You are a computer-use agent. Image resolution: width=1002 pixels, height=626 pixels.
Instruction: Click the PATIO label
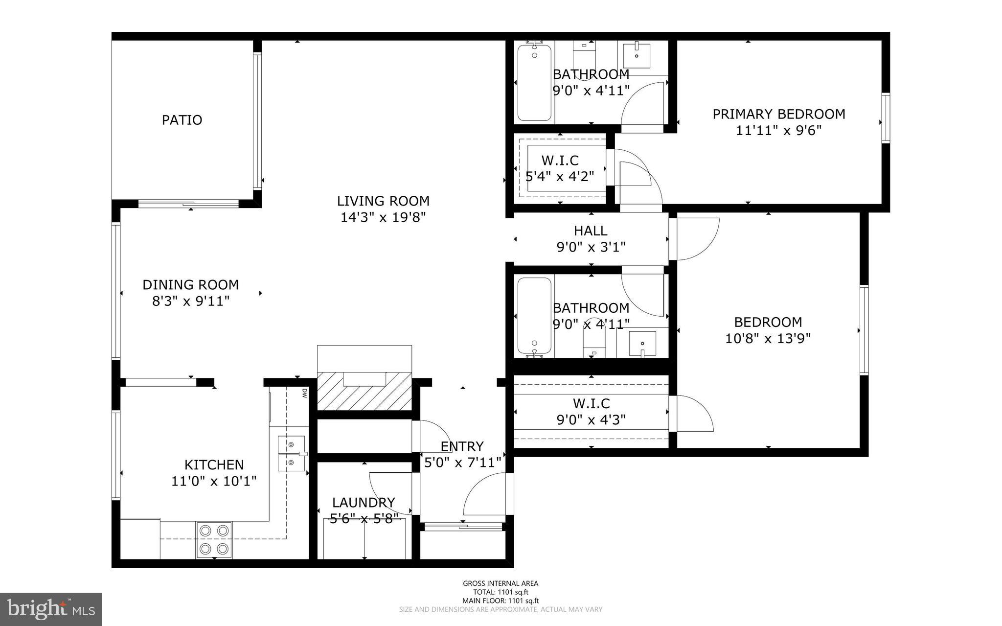[182, 120]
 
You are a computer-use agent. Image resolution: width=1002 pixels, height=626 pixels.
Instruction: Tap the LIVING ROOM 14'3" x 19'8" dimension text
[383, 217]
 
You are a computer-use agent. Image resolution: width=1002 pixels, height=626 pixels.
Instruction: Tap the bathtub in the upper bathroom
[534, 82]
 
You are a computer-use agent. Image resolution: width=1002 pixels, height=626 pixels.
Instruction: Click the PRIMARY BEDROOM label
[778, 114]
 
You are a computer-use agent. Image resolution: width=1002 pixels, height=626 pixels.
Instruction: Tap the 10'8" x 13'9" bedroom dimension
[768, 339]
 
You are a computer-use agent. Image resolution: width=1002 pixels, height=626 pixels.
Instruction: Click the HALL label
[591, 231]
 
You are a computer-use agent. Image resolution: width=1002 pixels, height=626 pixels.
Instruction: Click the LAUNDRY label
[363, 503]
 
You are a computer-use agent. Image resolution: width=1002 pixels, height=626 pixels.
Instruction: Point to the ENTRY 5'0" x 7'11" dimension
[462, 463]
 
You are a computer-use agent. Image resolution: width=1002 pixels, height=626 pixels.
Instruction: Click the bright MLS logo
[51, 609]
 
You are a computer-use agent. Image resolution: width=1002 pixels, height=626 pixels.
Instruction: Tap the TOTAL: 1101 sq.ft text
[501, 592]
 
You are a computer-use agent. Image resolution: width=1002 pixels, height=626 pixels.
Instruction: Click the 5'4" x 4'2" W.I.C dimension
[560, 176]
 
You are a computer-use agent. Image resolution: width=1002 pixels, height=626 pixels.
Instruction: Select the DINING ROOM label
[190, 284]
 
